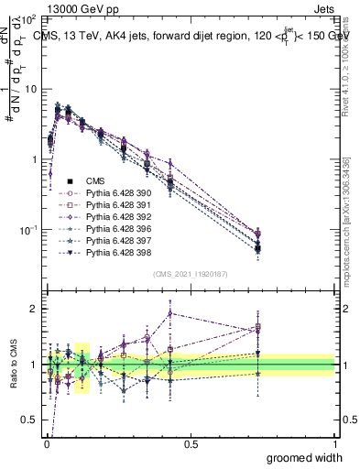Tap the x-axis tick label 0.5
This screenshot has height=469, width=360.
(x=190, y=444)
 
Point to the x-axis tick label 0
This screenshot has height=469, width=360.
(x=46, y=444)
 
